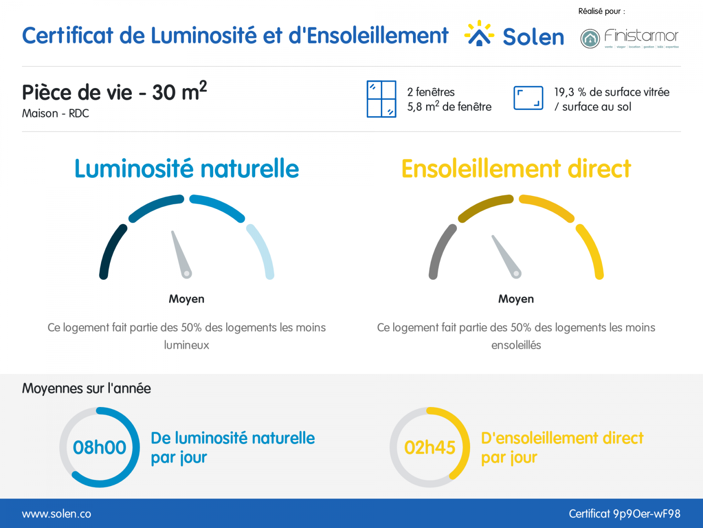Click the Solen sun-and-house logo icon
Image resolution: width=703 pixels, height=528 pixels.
click(x=479, y=33)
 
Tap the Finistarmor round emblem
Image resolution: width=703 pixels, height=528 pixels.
click(x=590, y=39)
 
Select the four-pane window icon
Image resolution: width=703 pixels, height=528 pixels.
click(x=381, y=99)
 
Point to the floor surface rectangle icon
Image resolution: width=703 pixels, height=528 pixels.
click(x=528, y=98)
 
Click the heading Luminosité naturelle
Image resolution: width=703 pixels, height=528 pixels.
click(x=187, y=169)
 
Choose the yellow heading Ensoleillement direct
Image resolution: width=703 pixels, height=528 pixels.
click(x=516, y=169)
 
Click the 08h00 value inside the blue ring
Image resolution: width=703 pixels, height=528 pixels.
click(x=99, y=447)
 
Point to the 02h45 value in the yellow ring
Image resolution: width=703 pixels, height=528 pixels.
click(x=429, y=447)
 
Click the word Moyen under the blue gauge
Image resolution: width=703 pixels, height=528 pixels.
click(x=186, y=299)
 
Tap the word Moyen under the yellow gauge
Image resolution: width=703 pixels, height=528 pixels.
click(x=516, y=299)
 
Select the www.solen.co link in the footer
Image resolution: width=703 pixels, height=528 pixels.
click(x=56, y=514)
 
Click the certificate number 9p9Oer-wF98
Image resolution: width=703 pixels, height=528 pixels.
click(x=647, y=514)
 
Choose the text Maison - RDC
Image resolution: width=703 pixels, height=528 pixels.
click(x=55, y=114)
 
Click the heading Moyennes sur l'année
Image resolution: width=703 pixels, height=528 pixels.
click(x=86, y=389)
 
